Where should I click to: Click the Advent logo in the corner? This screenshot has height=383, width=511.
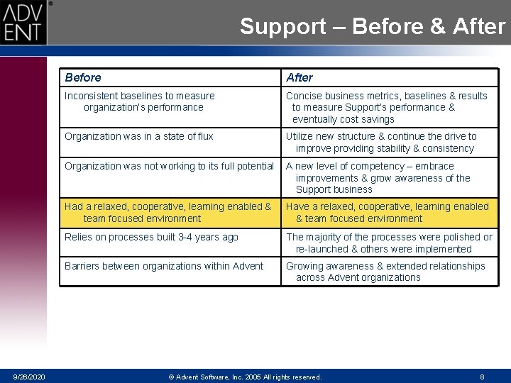23,22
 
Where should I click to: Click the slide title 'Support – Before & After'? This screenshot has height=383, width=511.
372,27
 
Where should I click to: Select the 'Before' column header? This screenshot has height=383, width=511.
83,77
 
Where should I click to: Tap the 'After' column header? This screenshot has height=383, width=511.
300,77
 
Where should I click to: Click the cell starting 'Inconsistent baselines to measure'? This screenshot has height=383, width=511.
140,101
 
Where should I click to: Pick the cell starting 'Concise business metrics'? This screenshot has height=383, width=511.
386,107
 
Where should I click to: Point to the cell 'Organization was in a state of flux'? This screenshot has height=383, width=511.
139,136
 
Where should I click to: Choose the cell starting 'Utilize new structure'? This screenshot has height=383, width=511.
381,142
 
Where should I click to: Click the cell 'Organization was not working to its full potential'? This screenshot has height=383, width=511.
169,166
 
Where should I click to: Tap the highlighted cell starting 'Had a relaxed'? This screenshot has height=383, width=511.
168,212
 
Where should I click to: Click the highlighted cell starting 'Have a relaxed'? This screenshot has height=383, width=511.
387,212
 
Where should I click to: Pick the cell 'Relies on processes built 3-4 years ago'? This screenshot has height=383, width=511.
151,237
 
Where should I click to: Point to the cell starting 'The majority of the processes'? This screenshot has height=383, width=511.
389,243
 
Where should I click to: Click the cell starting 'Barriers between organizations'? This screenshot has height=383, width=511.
164,266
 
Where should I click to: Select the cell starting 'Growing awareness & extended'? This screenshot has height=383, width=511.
385,272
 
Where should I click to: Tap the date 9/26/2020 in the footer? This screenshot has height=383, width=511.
28,377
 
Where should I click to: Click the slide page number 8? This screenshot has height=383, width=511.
482,377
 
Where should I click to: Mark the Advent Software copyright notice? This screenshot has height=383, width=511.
245,377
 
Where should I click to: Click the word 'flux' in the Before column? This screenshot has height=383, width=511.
203,136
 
